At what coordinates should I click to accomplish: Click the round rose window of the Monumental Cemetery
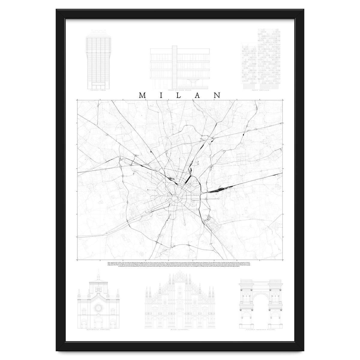tap(98, 308)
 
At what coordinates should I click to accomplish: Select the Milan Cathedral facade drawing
tap(179, 303)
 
